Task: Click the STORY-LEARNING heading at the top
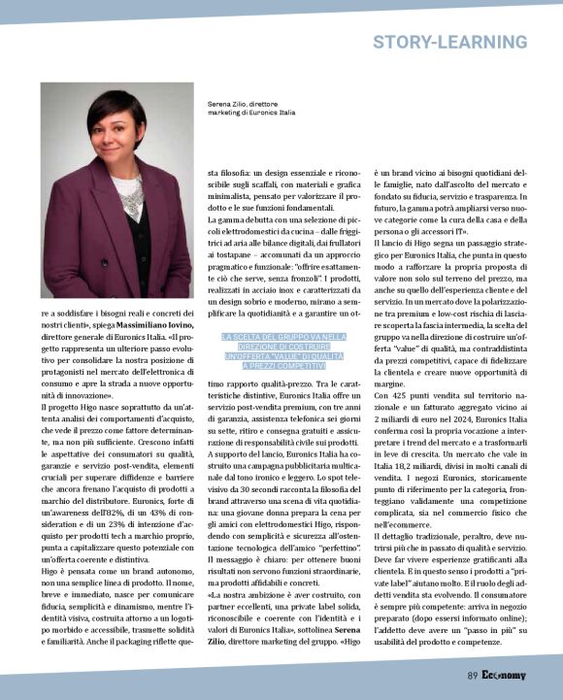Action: click(x=449, y=42)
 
